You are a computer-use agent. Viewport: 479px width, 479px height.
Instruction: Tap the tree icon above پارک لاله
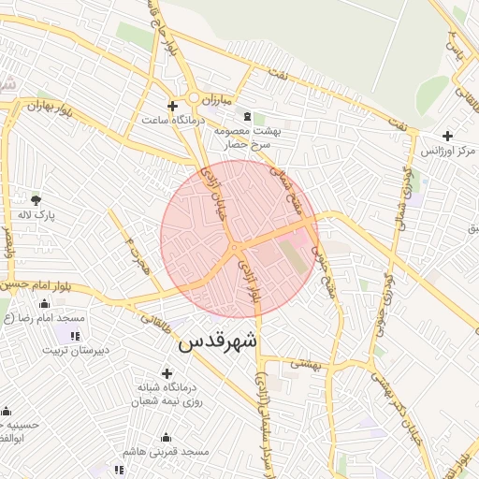(36, 199)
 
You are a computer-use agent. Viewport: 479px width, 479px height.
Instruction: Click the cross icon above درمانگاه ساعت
(171, 105)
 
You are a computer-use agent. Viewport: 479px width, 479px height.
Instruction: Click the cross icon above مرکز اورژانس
(448, 136)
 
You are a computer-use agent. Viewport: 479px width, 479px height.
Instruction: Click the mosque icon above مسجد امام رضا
(44, 304)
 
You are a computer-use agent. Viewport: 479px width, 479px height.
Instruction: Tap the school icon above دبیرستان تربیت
(74, 335)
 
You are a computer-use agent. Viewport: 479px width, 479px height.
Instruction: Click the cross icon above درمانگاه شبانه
(167, 374)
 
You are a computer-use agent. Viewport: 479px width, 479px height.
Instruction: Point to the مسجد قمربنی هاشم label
(169, 452)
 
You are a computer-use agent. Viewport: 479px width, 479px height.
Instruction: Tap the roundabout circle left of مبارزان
(195, 97)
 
